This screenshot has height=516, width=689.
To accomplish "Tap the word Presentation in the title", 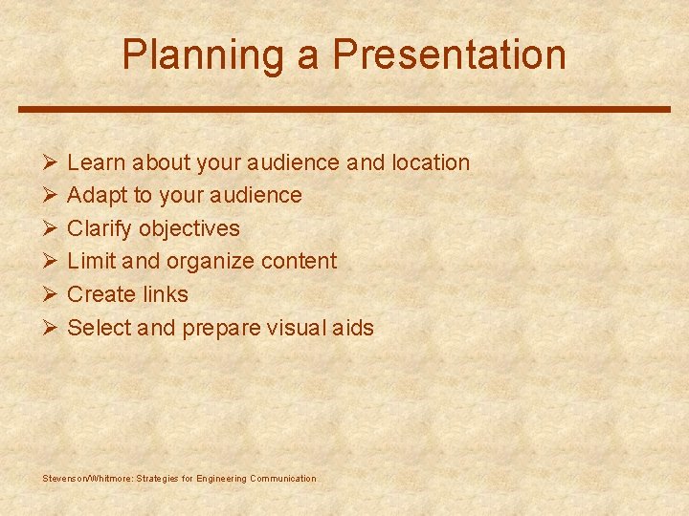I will click(x=449, y=55).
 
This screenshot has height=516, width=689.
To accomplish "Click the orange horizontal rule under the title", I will click(x=344, y=109).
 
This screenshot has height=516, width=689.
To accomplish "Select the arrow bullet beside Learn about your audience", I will click(x=51, y=162).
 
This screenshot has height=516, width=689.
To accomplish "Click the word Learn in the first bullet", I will click(x=98, y=163).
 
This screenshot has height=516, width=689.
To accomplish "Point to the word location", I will click(x=431, y=163).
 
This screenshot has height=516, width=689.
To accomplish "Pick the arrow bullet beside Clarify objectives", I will click(x=51, y=228).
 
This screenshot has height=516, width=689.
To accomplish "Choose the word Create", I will click(x=102, y=294).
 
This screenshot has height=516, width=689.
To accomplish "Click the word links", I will click(x=166, y=294).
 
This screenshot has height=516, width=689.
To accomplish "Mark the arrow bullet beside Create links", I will click(x=51, y=294).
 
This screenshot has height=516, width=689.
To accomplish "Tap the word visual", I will click(x=300, y=328).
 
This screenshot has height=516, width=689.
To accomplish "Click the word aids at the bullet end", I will click(x=354, y=328).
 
